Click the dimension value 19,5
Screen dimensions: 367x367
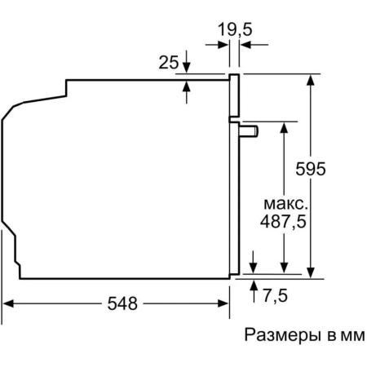click(235, 29)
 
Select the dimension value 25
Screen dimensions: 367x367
click(169, 62)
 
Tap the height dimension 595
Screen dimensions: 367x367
click(311, 169)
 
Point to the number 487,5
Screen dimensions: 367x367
click(283, 221)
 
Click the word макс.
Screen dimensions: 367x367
click(286, 204)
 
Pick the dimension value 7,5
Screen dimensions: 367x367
click(275, 295)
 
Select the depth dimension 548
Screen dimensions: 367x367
click(122, 303)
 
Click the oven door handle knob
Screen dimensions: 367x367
click(249, 131)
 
